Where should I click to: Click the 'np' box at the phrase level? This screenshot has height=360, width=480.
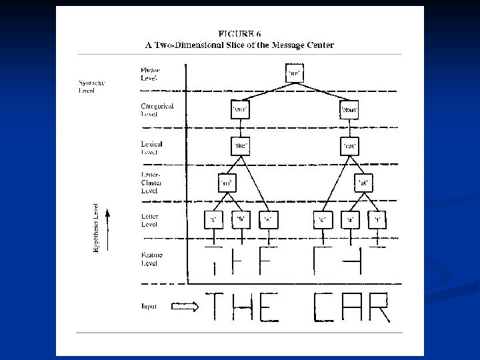coord(293,71)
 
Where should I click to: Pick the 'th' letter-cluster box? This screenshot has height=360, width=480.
coord(227,181)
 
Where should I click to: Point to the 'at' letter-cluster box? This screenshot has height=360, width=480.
coord(364,181)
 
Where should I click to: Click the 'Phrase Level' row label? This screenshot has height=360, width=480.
coord(150,73)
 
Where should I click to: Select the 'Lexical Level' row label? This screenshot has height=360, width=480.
coord(151,147)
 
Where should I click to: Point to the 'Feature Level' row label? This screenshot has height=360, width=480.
coord(151,259)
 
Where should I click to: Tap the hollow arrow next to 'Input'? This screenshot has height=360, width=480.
coord(185,307)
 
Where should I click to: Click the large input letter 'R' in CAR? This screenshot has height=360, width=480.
coord(378,307)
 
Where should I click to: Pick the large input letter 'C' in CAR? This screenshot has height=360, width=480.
coord(323,307)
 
